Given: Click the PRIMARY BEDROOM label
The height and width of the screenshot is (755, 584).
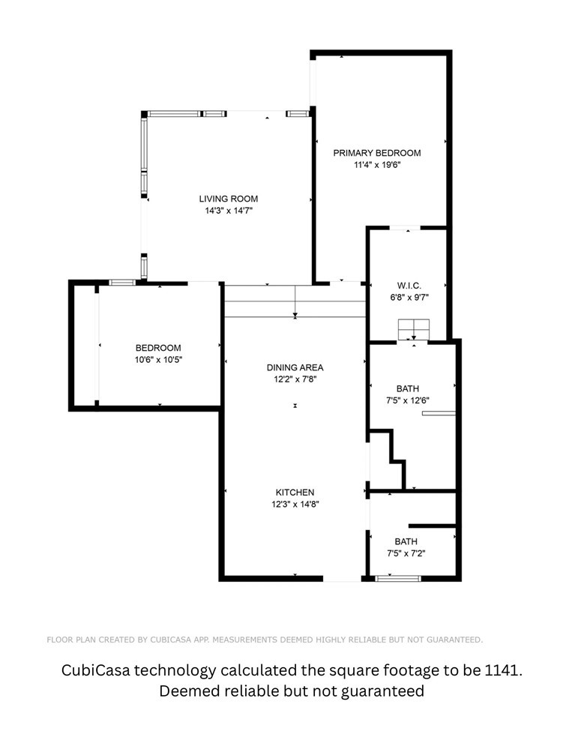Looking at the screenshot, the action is click(x=377, y=153).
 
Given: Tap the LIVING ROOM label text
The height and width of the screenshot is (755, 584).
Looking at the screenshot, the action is click(x=229, y=199).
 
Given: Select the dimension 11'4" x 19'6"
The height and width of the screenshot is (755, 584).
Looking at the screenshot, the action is click(x=377, y=165).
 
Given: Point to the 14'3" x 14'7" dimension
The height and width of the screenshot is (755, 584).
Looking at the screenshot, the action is click(x=229, y=211).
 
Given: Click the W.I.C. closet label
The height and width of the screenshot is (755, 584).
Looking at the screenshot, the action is click(x=409, y=286).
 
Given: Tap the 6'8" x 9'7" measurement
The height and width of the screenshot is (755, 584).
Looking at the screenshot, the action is click(x=409, y=298).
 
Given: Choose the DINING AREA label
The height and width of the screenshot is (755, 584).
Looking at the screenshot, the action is click(x=295, y=368).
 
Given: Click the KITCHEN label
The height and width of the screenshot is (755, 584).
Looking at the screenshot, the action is click(x=295, y=493).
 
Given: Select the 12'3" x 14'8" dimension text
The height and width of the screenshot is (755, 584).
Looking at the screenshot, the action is click(x=295, y=505).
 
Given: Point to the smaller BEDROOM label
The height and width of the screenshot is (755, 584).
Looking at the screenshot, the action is click(x=158, y=348).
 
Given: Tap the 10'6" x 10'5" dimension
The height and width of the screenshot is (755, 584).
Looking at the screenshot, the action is click(x=158, y=360).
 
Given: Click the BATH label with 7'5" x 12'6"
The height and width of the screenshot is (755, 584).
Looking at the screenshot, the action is click(x=408, y=388).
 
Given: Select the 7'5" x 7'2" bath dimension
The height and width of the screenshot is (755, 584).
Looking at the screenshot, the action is click(x=406, y=554).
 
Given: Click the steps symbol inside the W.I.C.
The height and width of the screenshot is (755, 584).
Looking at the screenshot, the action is click(x=414, y=330).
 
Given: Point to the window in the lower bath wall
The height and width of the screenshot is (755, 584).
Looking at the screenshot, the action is click(x=397, y=578).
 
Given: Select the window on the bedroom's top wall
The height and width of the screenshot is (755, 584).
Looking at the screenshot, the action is click(x=122, y=283).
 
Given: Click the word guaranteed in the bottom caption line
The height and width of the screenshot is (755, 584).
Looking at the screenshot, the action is click(x=383, y=691).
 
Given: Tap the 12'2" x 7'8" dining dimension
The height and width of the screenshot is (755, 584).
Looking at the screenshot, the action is click(x=295, y=379).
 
